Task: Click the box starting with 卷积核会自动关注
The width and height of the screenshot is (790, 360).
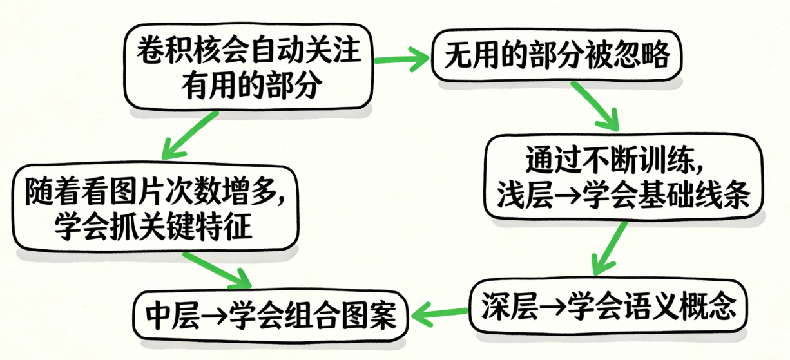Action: tap(249, 68)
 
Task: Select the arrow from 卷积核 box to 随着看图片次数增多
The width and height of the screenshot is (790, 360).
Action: tap(190, 135)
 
